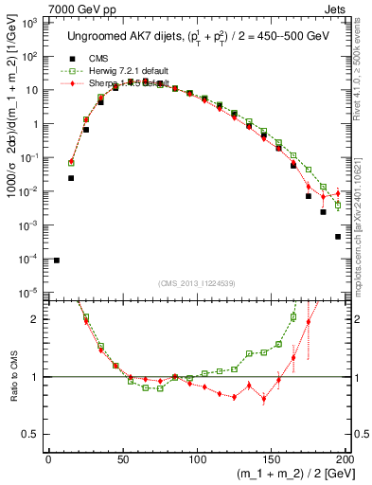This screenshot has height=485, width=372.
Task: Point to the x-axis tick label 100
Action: click(x=198, y=461)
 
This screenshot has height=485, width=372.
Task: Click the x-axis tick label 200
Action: click(x=346, y=461)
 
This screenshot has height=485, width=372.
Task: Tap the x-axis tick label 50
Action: click(x=123, y=461)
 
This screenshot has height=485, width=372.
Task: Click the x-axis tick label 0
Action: click(x=48, y=461)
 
